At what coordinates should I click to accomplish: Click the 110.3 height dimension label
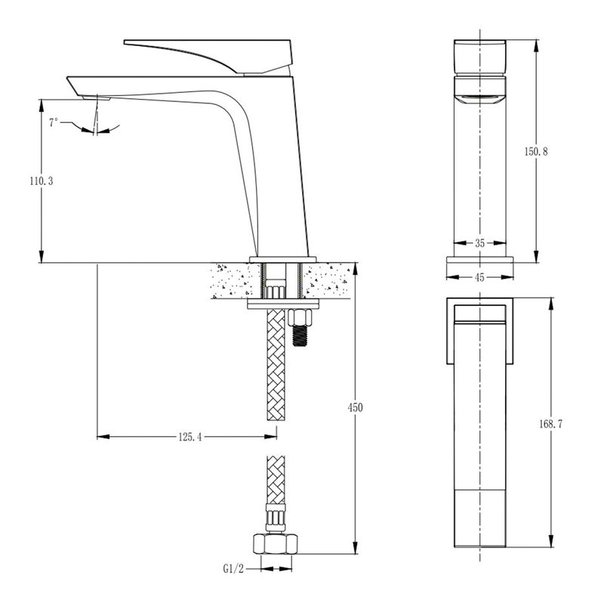[x=42, y=181]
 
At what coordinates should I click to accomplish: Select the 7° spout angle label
[x=54, y=122]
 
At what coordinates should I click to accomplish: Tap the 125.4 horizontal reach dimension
[x=190, y=437]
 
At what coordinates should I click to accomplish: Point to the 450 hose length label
[x=355, y=407]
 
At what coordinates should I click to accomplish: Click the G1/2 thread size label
[x=233, y=569]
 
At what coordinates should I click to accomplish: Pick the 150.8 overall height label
[x=536, y=152]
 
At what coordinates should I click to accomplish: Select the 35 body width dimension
[x=479, y=243]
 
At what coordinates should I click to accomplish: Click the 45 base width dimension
[x=479, y=277]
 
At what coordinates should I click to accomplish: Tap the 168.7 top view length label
[x=551, y=424]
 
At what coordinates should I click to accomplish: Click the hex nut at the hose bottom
[x=276, y=544]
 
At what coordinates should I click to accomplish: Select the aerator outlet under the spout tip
[x=96, y=98]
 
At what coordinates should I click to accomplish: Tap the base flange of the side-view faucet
[x=283, y=260]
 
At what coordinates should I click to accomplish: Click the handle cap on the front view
[x=479, y=57]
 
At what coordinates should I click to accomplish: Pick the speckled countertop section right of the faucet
[x=328, y=280]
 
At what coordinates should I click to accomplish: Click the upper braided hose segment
[x=276, y=365]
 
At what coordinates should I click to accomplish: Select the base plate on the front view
[x=479, y=260]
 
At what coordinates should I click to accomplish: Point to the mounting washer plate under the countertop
[x=283, y=304]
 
